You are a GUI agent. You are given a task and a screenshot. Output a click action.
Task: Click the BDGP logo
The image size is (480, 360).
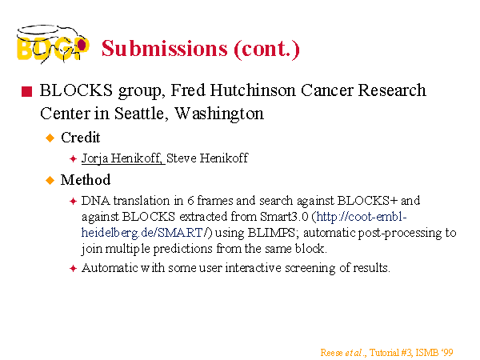(x=53, y=44)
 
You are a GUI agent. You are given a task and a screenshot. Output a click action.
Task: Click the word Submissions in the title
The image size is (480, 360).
(x=165, y=48)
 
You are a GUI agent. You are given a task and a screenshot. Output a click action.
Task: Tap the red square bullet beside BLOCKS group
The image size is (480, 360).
(x=27, y=91)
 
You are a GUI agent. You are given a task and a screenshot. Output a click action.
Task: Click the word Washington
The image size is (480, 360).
(x=219, y=114)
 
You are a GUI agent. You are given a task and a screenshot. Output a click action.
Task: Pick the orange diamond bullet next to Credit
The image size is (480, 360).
(x=50, y=138)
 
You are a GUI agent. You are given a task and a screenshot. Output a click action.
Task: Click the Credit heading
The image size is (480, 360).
(x=81, y=138)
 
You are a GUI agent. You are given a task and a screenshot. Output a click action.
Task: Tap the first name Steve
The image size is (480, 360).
(x=182, y=158)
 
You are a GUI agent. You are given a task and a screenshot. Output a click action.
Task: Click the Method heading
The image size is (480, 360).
(x=86, y=180)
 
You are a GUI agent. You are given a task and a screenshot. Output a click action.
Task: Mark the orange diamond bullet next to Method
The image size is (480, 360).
(x=50, y=180)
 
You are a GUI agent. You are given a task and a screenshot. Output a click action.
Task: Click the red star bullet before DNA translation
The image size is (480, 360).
(x=73, y=201)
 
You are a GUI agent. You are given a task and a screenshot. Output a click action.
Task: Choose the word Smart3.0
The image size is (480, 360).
(x=284, y=217)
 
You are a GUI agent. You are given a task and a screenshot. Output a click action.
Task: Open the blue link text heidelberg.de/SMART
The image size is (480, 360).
(x=142, y=233)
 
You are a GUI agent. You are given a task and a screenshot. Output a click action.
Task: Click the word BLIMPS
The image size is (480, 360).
(x=271, y=233)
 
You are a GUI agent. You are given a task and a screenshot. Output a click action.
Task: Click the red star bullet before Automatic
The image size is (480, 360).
(x=73, y=269)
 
